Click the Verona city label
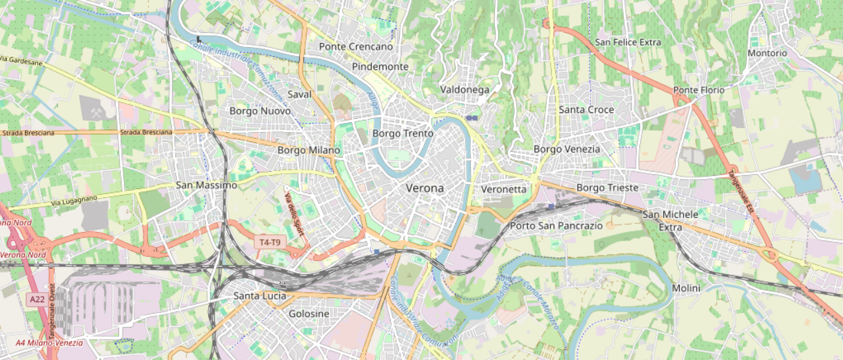pyautogui.click(x=425, y=188)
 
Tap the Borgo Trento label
pyautogui.click(x=403, y=133)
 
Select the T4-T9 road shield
pyautogui.click(x=270, y=242)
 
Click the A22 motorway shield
pyautogui.click(x=36, y=300)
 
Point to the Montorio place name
pyautogui.click(x=767, y=53)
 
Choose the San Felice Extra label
pyautogui.click(x=628, y=42)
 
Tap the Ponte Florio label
pyautogui.click(x=698, y=90)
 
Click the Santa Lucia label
pyautogui.click(x=260, y=296)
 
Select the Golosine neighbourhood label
pyautogui.click(x=309, y=314)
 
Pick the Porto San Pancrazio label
pyautogui.click(x=556, y=226)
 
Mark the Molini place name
pyautogui.click(x=686, y=288)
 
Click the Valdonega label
pyautogui.click(x=464, y=89)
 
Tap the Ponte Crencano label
pyautogui.click(x=355, y=47)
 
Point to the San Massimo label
pyautogui.click(x=206, y=185)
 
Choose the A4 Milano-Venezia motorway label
pyautogui.click(x=50, y=343)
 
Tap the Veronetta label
pyautogui.click(x=504, y=189)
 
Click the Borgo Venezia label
pyautogui.click(x=567, y=149)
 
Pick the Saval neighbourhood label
pyautogui.click(x=299, y=94)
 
